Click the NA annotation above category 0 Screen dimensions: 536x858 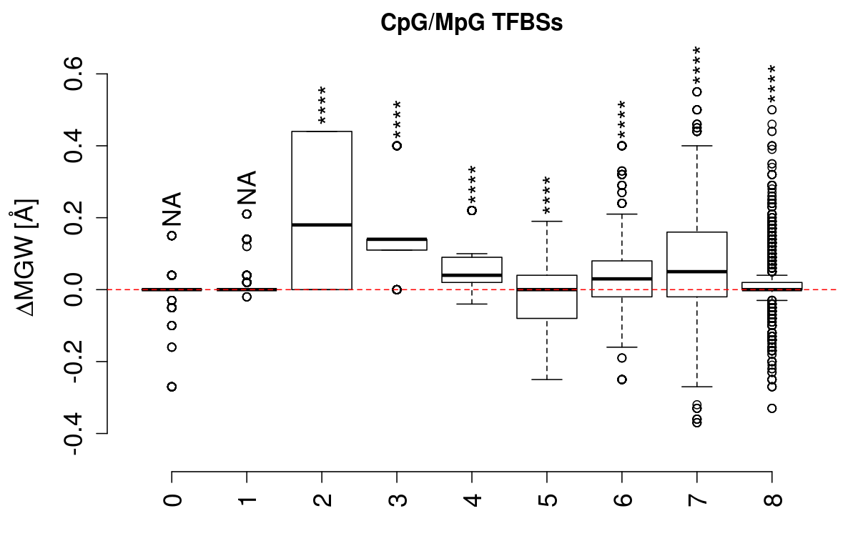tap(172, 209)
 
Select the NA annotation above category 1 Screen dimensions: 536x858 tap(247, 187)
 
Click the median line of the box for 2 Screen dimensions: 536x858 tap(322, 224)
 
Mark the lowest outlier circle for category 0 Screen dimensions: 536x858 tap(172, 387)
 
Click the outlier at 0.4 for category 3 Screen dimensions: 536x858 tap(397, 145)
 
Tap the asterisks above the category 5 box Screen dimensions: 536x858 tap(547, 194)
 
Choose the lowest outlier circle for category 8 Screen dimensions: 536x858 tap(772, 408)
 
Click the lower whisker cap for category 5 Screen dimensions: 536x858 tap(547, 379)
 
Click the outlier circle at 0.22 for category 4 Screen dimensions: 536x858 tap(472, 210)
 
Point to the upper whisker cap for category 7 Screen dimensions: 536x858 tap(697, 145)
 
